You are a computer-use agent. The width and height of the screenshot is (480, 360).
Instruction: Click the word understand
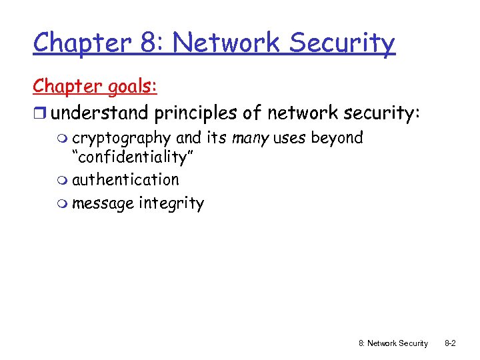(x=100, y=113)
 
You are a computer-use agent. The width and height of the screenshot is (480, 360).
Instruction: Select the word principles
(x=196, y=113)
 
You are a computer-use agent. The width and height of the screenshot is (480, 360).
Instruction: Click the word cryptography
(x=121, y=139)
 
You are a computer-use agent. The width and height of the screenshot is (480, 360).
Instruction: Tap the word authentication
(x=125, y=180)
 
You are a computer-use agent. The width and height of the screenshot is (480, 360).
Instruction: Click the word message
(x=103, y=203)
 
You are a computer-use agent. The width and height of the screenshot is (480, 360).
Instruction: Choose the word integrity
(x=171, y=203)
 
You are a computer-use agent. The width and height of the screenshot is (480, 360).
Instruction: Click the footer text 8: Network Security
(x=393, y=343)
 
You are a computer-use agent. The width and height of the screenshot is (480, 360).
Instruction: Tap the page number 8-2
(x=450, y=343)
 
